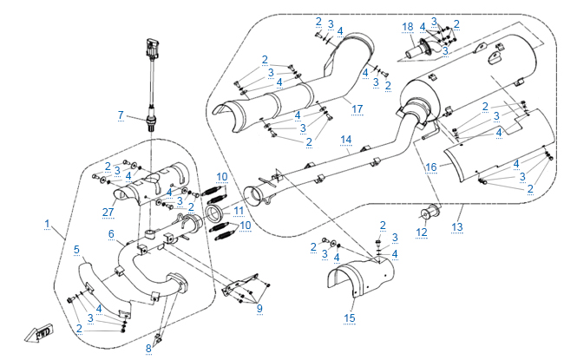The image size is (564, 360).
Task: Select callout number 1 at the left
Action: coord(47,224)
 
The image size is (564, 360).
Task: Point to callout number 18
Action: coord(407,27)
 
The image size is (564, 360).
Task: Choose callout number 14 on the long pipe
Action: coord(345,139)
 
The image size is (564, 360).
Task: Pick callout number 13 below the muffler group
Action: coord(458,226)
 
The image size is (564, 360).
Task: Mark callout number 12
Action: coord(422,232)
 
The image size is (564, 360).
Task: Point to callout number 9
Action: coord(258,308)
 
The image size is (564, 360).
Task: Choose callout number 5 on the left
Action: coord(76,250)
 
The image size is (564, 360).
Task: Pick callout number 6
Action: coord(111,234)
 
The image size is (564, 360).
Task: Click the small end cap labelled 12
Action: coord(430,213)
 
